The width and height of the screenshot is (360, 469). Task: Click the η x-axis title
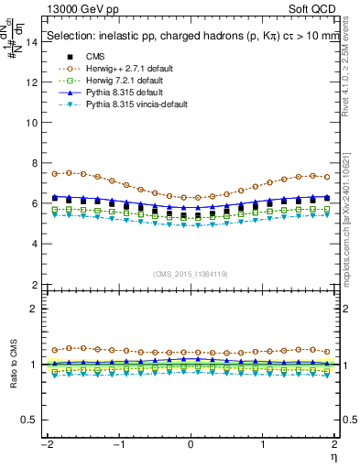(336, 456)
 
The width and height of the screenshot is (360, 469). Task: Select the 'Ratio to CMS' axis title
(12, 376)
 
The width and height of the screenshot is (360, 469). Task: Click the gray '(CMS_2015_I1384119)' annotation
(190, 273)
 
